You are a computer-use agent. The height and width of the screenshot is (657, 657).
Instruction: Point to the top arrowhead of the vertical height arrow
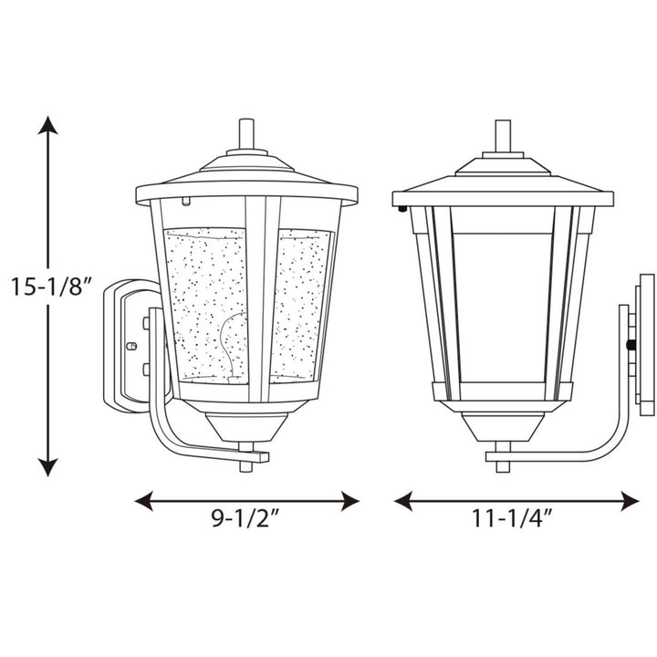point(48,125)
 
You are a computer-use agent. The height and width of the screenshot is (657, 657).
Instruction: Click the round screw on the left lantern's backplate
point(130,347)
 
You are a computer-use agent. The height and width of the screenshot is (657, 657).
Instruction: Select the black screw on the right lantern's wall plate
point(630,346)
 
